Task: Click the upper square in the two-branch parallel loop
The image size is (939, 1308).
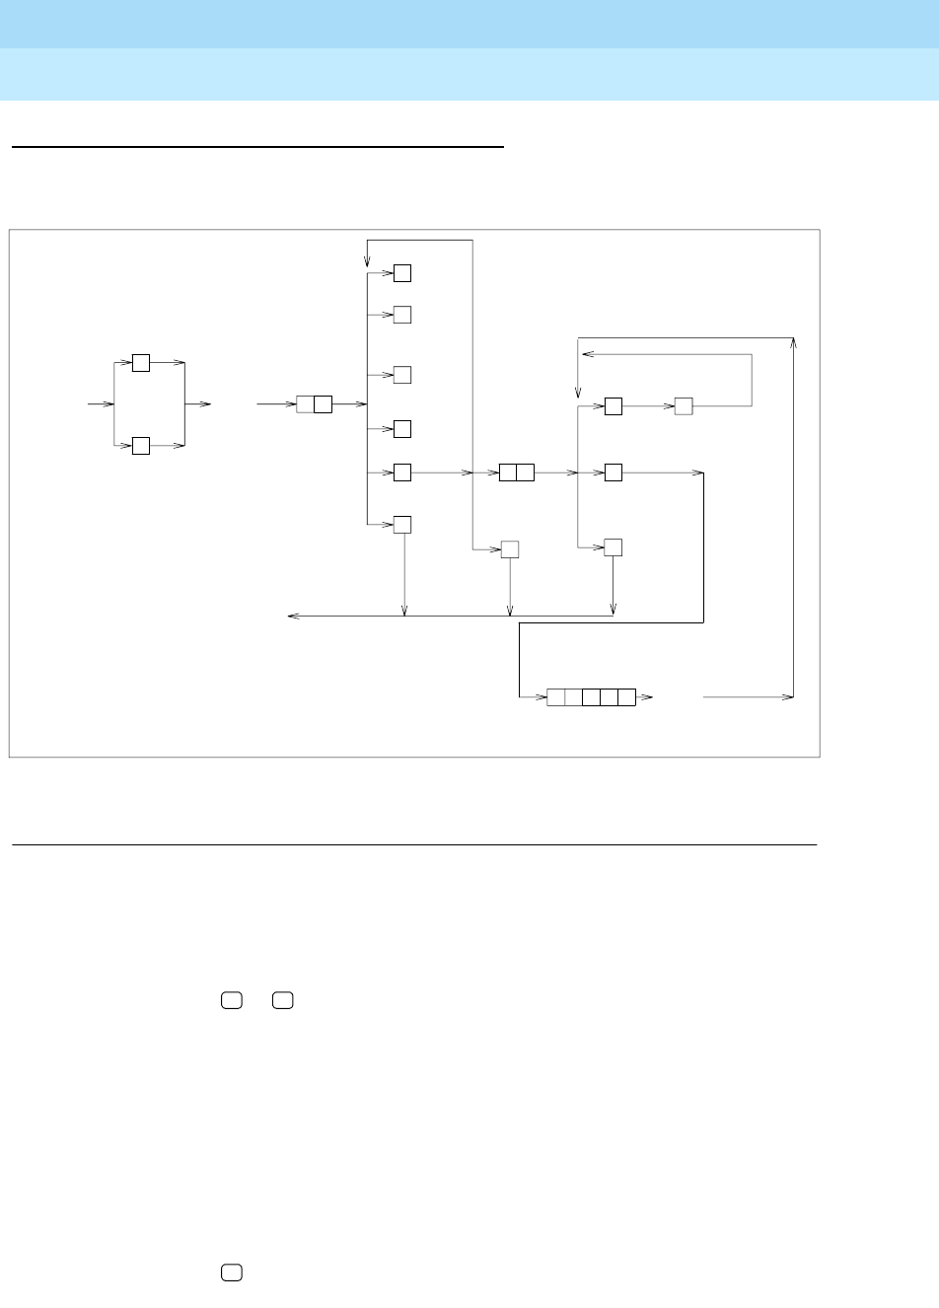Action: [x=141, y=362]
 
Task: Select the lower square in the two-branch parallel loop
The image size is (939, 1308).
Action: [x=141, y=446]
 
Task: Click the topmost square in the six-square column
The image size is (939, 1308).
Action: [x=402, y=273]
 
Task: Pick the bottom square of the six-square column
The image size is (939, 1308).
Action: [x=402, y=524]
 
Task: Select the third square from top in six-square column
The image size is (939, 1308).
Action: [x=402, y=375]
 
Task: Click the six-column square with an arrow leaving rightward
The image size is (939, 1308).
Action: [x=402, y=472]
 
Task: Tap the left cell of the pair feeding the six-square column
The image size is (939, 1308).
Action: [x=305, y=403]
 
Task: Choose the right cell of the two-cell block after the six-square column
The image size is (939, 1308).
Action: [x=526, y=472]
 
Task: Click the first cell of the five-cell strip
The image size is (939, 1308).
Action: [x=556, y=697]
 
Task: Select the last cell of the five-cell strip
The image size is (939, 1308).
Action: [x=626, y=697]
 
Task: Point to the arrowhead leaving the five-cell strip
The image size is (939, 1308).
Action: [x=647, y=697]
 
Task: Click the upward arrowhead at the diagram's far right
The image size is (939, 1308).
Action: [x=793, y=343]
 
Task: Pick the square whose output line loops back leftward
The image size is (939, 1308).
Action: [x=684, y=405]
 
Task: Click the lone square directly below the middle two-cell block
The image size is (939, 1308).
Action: [x=510, y=549]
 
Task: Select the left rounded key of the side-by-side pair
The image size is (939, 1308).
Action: [x=232, y=1000]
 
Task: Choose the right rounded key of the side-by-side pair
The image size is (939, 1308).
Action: [x=283, y=1000]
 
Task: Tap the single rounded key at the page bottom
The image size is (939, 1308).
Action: [x=232, y=1273]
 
